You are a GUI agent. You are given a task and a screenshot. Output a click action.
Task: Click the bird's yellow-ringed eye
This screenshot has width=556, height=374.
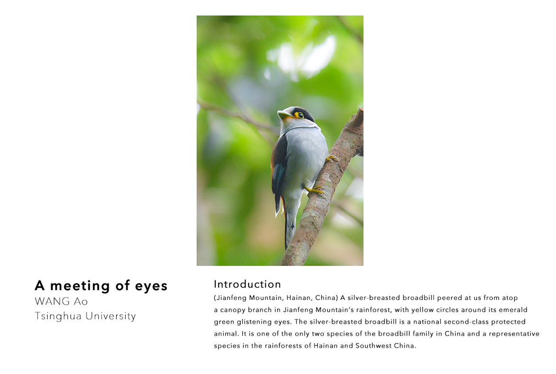point(300,115)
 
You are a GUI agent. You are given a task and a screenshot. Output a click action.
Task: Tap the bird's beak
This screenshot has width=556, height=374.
point(284,114)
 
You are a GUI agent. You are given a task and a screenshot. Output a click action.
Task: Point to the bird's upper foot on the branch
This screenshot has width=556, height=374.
point(332,159)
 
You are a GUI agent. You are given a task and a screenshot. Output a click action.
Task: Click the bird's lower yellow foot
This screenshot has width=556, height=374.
point(315,190)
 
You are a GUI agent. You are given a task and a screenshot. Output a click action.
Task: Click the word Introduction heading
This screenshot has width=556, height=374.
point(247,284)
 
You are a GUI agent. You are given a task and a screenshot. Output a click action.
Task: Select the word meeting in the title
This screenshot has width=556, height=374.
point(80,286)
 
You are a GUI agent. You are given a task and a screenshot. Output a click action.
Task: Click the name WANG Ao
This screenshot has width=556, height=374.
point(61,301)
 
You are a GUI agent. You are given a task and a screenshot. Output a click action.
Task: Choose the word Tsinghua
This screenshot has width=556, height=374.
point(58,316)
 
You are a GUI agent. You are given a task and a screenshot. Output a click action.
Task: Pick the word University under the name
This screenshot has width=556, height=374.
point(111,316)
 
